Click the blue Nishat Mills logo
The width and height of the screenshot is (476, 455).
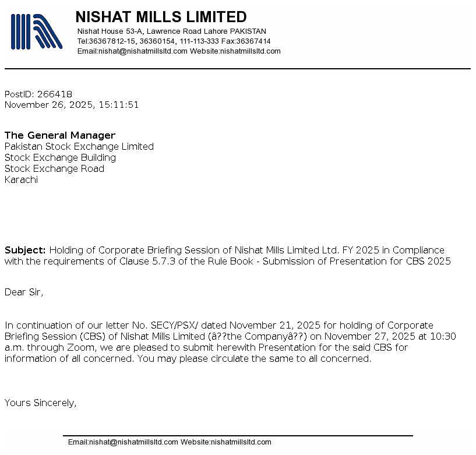36,31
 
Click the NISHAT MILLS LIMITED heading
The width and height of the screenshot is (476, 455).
161,17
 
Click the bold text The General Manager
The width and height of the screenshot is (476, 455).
60,136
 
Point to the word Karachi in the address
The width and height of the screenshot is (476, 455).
21,180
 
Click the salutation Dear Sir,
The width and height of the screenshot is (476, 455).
24,292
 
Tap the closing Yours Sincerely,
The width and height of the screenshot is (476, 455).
41,403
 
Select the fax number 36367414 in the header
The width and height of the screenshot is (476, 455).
253,41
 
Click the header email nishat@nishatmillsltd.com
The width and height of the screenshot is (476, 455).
143,51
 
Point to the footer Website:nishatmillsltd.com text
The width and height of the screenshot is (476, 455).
226,442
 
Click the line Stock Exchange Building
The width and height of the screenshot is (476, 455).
60,158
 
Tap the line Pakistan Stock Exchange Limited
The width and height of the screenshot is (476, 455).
79,147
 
